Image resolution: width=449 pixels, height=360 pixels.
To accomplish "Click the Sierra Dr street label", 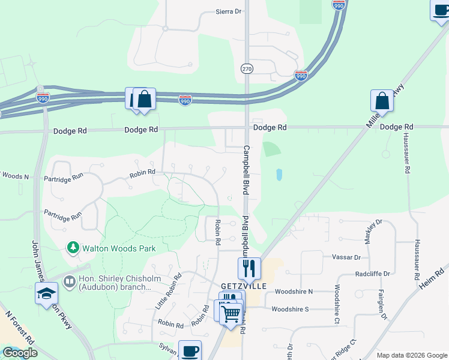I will point(228,11).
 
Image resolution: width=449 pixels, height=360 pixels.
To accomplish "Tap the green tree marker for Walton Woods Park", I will point(73,247).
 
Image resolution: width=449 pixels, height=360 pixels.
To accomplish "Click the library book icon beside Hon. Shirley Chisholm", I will point(70,281).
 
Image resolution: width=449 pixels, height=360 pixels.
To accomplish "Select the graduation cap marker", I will point(46,293).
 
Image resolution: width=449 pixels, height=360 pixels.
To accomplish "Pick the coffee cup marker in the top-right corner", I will point(441,9).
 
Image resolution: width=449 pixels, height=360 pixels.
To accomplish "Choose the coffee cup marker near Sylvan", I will point(190,350).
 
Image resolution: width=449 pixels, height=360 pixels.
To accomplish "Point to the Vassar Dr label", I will point(346,257).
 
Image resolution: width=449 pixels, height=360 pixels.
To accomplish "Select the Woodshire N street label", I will point(294,292).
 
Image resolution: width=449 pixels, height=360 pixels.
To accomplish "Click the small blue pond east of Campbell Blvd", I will point(280,175).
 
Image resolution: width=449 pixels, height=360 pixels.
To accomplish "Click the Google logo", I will point(19,352).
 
